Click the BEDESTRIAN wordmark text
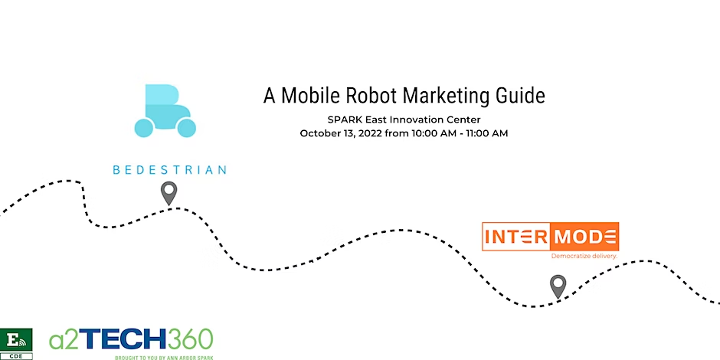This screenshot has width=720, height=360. tap(169, 169)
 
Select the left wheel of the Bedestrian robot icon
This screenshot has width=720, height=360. tap(145, 127)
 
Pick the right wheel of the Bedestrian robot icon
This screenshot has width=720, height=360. tap(186, 127)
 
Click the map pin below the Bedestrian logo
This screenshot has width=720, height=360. tap(169, 192)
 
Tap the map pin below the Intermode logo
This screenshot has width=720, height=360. tap(558, 286)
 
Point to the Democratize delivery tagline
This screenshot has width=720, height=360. tap(584, 256)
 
